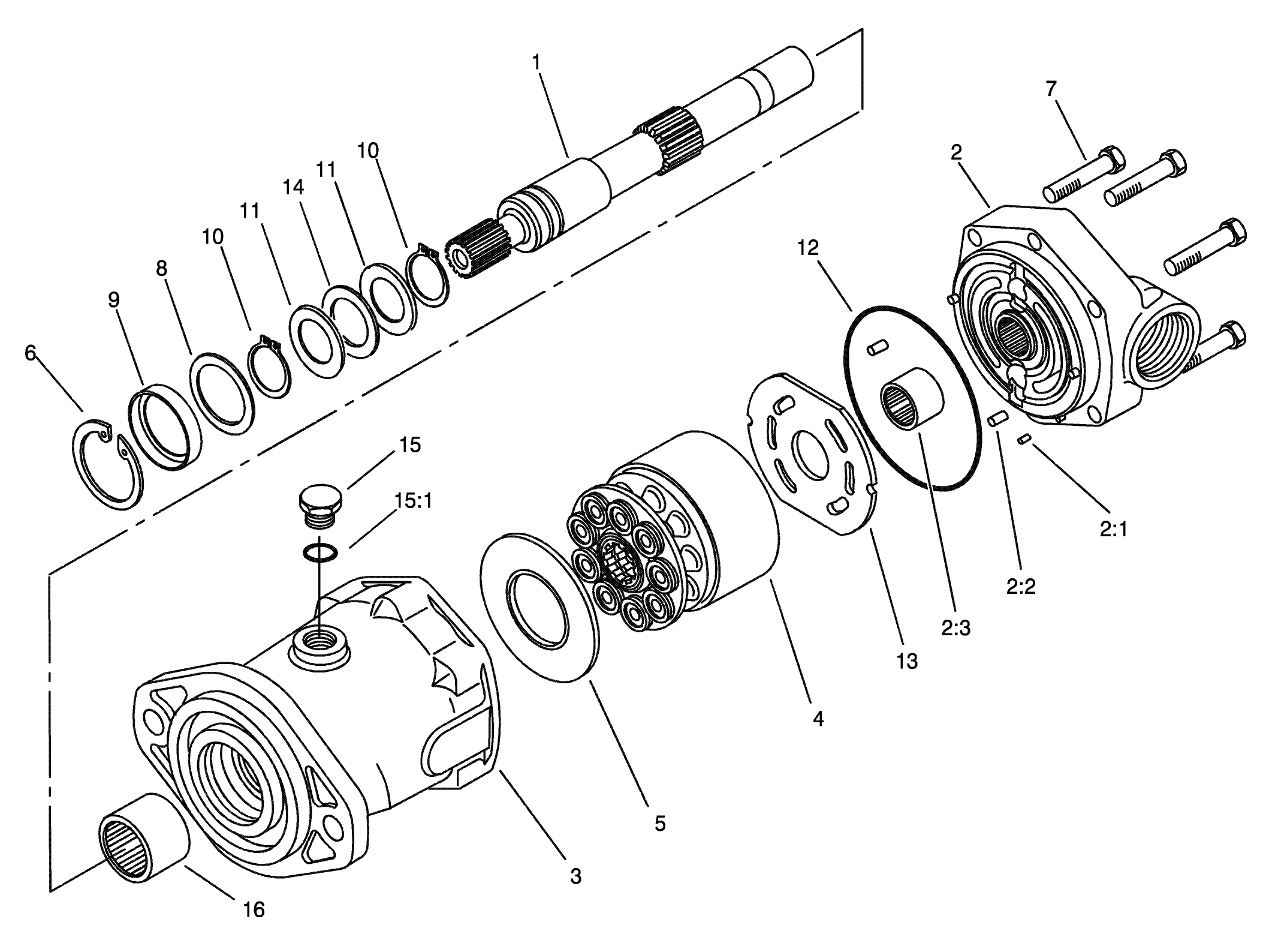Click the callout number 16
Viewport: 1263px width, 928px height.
click(x=254, y=909)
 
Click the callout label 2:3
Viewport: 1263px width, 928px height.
click(x=955, y=628)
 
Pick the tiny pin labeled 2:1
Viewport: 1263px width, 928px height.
click(x=1023, y=440)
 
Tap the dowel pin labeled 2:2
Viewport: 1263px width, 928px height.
click(x=998, y=419)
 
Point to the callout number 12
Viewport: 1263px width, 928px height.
click(x=807, y=248)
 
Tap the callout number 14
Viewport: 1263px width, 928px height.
click(x=293, y=187)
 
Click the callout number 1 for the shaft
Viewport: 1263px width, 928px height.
click(x=536, y=62)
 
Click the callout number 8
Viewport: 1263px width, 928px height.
click(x=161, y=268)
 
